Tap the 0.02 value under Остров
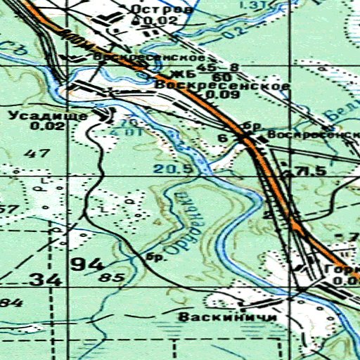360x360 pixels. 146,22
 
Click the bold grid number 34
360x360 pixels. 45,280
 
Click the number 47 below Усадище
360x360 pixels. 41,153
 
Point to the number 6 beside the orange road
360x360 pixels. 222,139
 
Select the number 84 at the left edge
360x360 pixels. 6,303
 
